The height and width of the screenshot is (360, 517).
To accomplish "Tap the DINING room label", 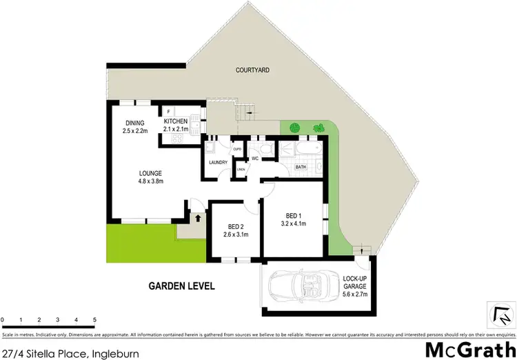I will pyautogui.click(x=134, y=123).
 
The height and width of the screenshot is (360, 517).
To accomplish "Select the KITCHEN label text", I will pyautogui.click(x=176, y=121).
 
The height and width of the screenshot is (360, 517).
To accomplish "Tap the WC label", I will pyautogui.click(x=254, y=159).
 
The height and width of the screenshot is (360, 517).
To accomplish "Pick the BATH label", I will pyautogui.click(x=301, y=166).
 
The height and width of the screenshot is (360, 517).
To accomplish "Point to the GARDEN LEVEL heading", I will pyautogui.click(x=182, y=286).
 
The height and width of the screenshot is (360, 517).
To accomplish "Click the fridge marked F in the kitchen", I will pyautogui.click(x=169, y=111).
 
